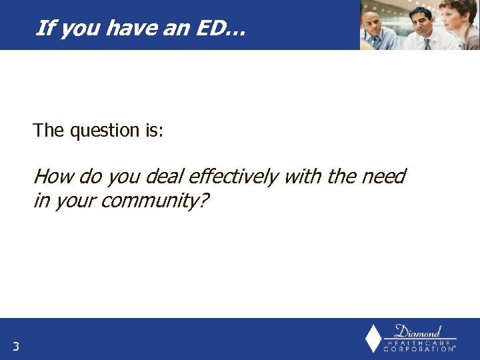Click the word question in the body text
[x=105, y=131]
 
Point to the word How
[x=53, y=177]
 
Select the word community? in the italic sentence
[x=155, y=201]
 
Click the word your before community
[x=74, y=201]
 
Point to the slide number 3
[x=15, y=346]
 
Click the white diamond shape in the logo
[x=373, y=339]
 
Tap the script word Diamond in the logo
[x=418, y=331]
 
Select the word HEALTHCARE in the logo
[x=419, y=342]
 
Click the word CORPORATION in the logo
[x=419, y=349]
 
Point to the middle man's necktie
[x=426, y=43]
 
